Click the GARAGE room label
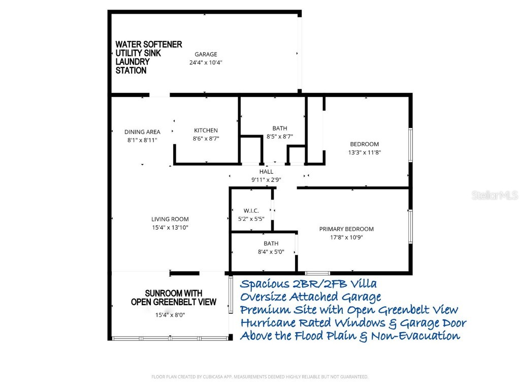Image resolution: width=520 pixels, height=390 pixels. point(206,54)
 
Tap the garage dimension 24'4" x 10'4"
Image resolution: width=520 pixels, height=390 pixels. point(206,62)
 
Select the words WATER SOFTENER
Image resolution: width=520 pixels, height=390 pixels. point(148,45)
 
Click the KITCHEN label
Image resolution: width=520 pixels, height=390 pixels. point(206,131)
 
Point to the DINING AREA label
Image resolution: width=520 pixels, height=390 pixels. point(142,132)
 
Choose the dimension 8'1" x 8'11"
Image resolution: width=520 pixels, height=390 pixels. point(142,140)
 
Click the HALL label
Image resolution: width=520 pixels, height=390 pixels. point(266,172)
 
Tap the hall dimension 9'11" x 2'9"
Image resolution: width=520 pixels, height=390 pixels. point(266,179)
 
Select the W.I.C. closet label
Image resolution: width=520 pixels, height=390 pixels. point(251,211)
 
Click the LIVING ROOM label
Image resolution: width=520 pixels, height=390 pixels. point(170,219)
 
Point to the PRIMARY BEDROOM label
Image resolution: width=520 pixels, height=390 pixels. point(346,229)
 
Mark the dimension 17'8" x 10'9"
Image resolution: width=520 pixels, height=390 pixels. point(346,237)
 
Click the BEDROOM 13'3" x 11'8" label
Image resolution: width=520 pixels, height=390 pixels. point(364,144)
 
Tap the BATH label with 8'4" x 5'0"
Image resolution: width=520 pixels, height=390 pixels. point(271,244)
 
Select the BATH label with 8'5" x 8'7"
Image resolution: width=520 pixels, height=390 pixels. point(279,128)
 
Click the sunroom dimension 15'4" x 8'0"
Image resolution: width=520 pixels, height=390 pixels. point(170,315)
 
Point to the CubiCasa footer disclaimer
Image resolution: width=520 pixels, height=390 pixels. point(259,377)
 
